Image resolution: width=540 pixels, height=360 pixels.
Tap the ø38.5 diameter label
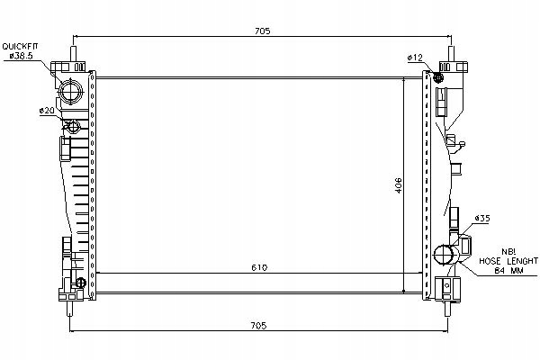click(20, 56)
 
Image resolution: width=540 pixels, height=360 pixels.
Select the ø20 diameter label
click(46, 110)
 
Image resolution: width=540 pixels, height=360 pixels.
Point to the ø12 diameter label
click(415, 58)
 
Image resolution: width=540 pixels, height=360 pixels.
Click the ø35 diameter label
click(481, 218)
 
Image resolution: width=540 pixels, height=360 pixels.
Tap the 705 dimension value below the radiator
click(262, 327)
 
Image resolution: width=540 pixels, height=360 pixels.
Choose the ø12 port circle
click(439, 77)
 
